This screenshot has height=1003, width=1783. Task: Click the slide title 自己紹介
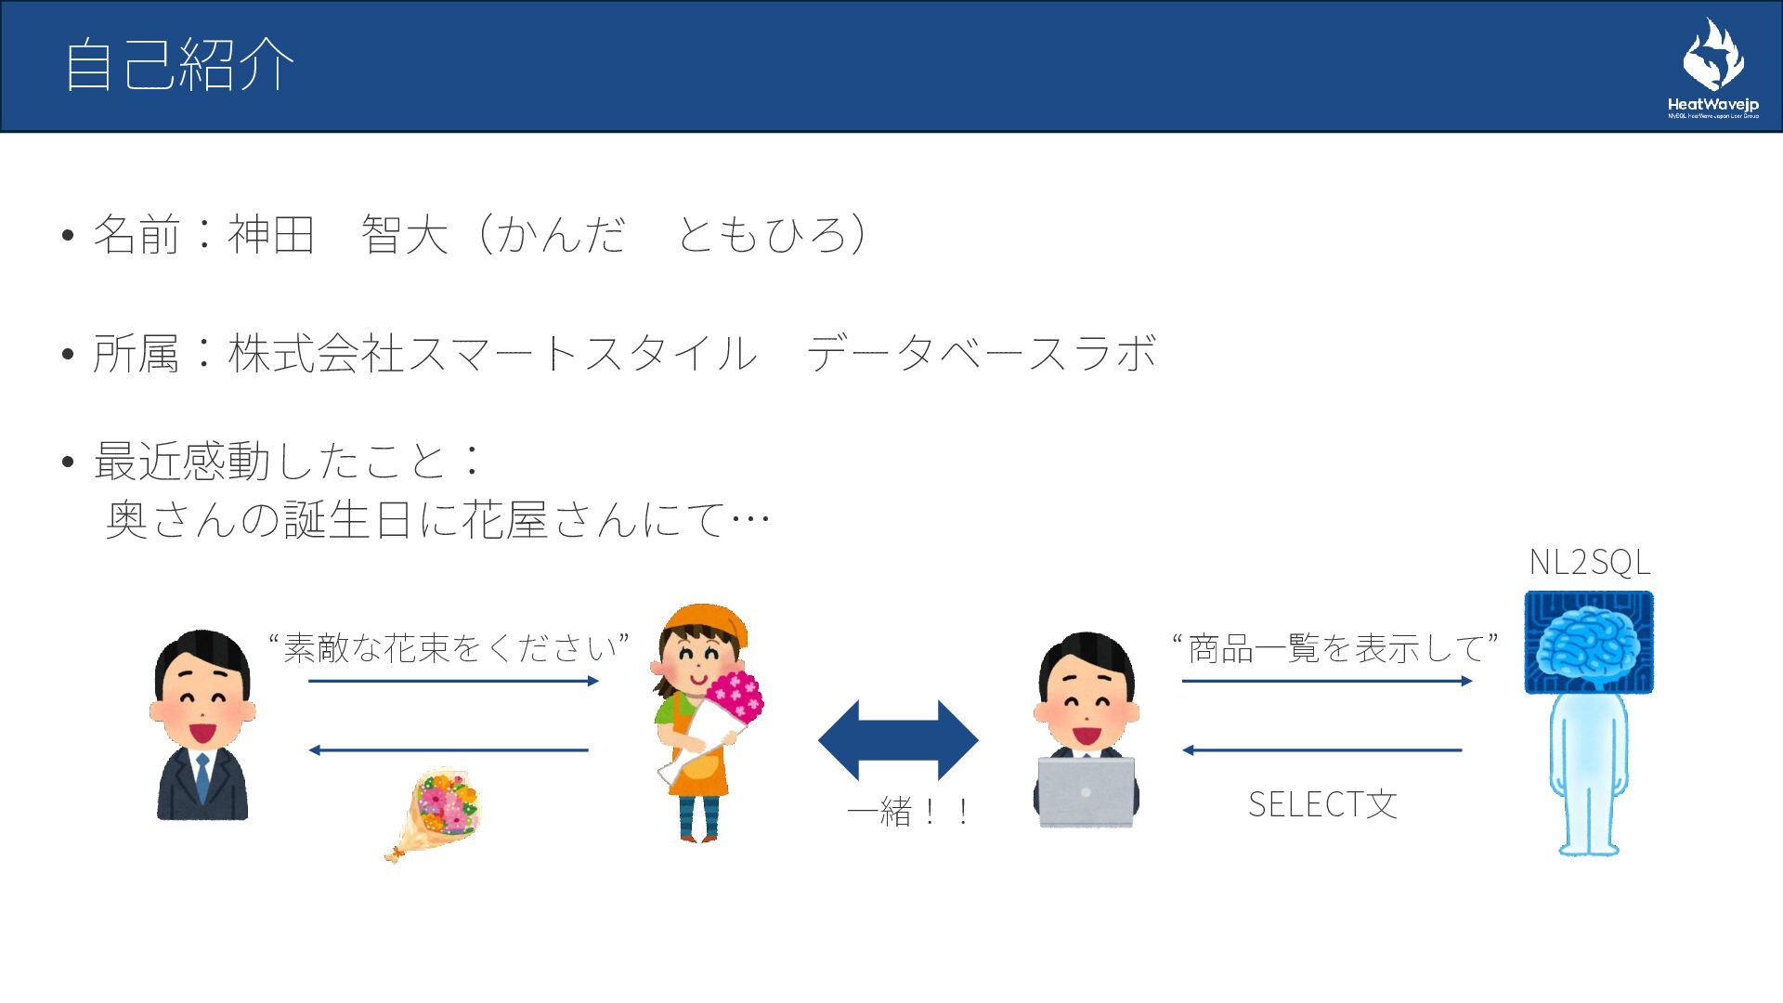179,65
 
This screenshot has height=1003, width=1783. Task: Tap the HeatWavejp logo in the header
1713,70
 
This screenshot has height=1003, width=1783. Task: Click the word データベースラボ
981,354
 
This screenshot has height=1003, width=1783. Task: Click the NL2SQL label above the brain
1589,563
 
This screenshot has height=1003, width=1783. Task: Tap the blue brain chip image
1589,643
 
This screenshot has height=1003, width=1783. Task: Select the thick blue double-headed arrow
898,740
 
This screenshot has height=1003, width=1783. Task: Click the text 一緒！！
909,813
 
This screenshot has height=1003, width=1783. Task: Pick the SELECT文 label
1322,804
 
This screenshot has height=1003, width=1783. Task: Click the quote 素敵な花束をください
449,647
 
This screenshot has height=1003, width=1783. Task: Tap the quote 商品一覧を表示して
1335,647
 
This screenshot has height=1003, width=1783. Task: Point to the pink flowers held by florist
735,694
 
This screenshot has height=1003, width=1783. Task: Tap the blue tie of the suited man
202,776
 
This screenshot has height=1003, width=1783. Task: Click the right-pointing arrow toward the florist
453,681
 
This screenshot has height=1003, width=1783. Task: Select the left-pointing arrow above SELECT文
1322,749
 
